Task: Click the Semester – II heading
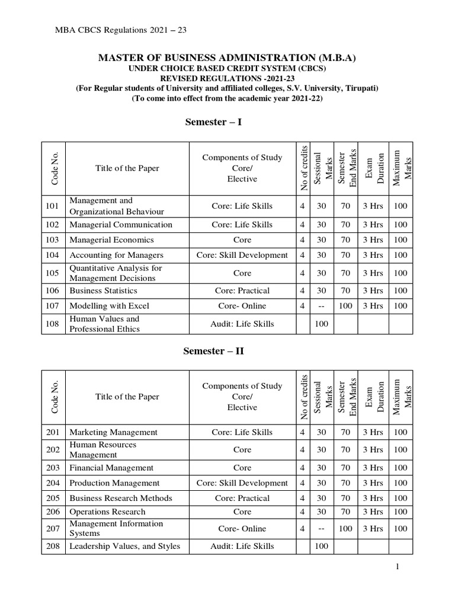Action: [214, 350]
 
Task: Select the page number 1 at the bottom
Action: [399, 567]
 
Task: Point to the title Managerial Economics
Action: [111, 239]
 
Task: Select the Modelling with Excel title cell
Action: [109, 306]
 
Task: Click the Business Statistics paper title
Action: [103, 290]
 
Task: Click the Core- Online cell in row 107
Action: [242, 306]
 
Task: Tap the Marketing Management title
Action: [113, 432]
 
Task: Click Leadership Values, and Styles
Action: [124, 546]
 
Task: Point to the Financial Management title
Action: [111, 468]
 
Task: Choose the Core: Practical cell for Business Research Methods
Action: [242, 498]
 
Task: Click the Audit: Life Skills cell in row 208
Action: [242, 546]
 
